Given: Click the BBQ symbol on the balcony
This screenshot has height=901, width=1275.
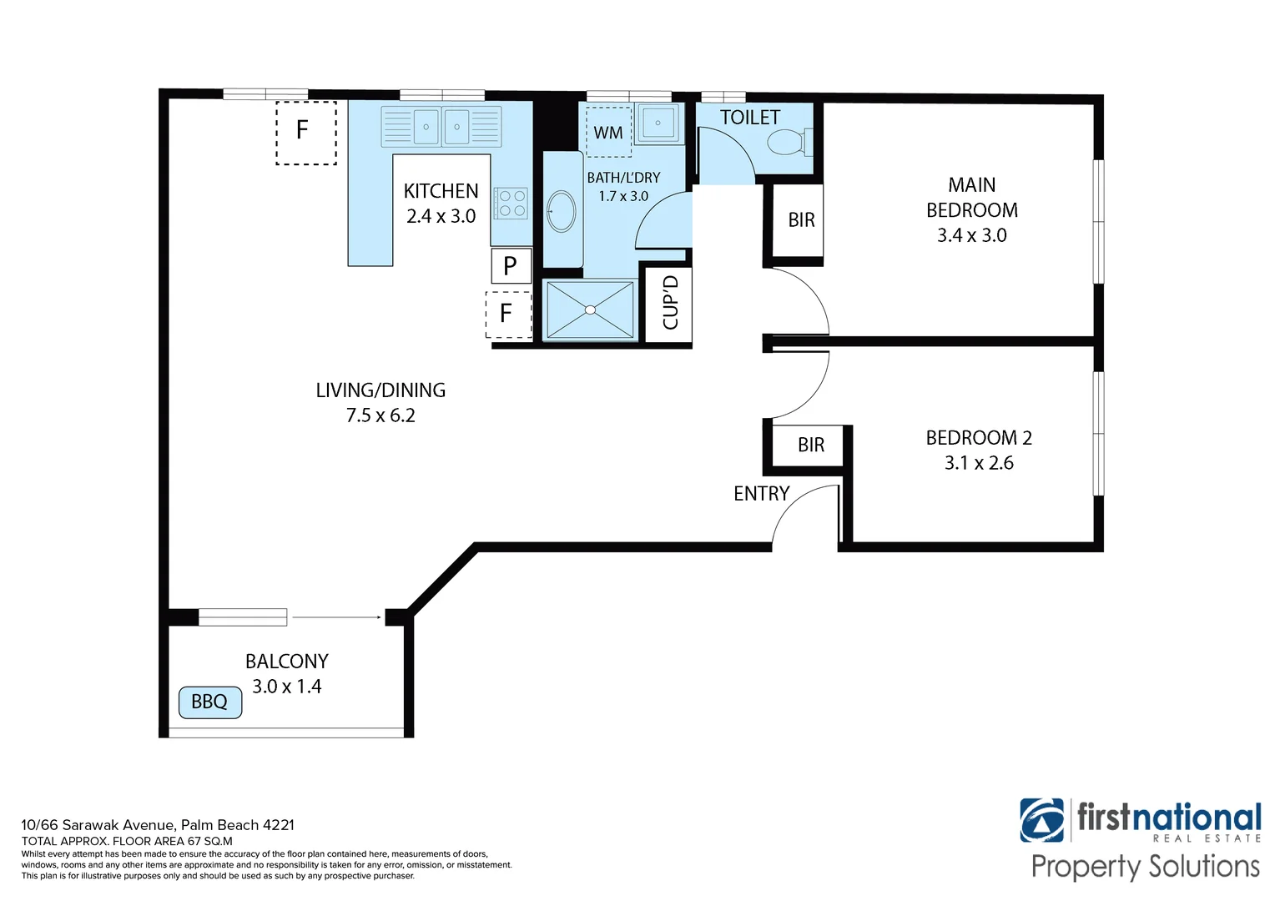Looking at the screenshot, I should (210, 702).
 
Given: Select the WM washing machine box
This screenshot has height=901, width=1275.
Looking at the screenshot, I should (608, 133).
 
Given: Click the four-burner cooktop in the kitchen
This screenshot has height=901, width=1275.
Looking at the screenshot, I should (511, 203).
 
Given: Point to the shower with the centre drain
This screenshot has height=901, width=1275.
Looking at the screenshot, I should (590, 310).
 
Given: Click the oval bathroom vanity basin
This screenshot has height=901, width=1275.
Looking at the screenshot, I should (562, 211).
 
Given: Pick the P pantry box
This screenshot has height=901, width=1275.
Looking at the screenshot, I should (511, 266).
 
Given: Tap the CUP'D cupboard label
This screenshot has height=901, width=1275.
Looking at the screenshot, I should (669, 303).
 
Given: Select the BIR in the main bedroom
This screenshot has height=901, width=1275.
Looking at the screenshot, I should (801, 220).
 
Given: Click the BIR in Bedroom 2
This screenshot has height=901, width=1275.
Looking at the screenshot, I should (810, 445).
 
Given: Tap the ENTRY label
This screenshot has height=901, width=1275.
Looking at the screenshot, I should (761, 494).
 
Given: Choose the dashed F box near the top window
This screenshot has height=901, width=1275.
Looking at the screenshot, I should (305, 132).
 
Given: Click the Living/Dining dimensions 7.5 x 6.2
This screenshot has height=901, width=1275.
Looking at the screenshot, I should (380, 415).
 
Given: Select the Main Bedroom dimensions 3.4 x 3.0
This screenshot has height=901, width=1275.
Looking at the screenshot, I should (971, 235).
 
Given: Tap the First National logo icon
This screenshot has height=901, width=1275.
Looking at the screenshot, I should (1041, 820).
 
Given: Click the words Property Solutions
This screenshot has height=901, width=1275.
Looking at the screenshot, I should (1145, 867).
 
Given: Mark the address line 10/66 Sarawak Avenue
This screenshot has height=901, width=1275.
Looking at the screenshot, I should (158, 825).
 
